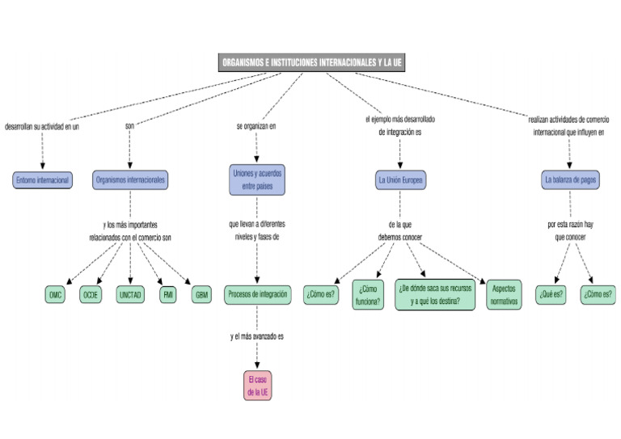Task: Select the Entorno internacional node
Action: tap(42, 180)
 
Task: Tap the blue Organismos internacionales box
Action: tap(130, 180)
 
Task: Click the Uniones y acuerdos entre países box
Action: tap(257, 179)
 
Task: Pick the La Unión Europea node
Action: tap(400, 180)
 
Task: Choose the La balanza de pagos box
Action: tap(570, 180)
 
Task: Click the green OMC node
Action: tap(55, 295)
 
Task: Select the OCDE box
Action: tap(91, 295)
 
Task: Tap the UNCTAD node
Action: tap(130, 295)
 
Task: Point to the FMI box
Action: tap(168, 295)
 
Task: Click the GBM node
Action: tap(201, 295)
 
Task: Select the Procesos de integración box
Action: tap(257, 295)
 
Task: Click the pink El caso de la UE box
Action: tap(258, 386)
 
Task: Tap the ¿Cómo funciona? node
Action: tap(368, 295)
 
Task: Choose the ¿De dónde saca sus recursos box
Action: tap(435, 295)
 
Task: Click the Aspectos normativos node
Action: tap(503, 295)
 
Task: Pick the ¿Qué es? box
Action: tap(551, 295)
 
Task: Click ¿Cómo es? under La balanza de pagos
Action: tap(598, 295)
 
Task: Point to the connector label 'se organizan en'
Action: tap(256, 126)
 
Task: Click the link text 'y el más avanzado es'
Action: tap(257, 336)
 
